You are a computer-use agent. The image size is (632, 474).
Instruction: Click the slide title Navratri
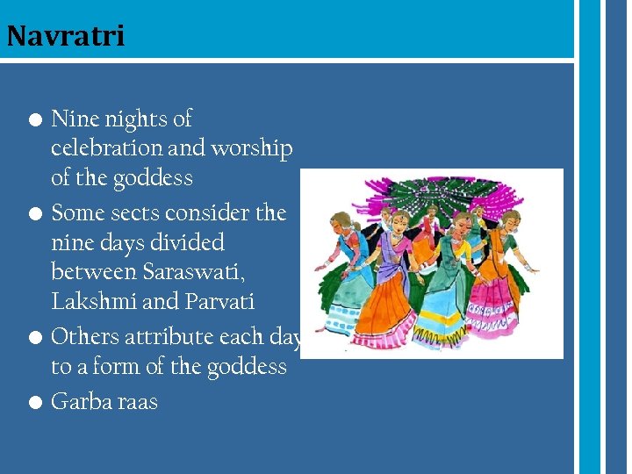tap(65, 36)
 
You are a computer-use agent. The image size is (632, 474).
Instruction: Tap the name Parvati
tap(219, 302)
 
